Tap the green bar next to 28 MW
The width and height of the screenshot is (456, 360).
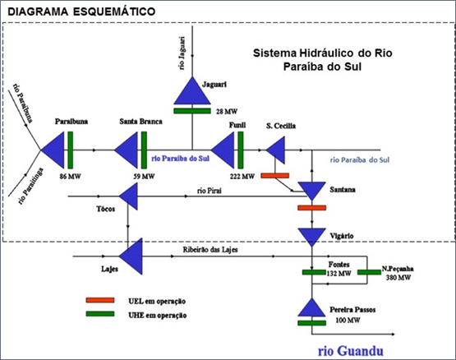point(192,111)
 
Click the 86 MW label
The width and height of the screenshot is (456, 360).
point(70,176)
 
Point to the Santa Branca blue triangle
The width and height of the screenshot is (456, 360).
point(128,150)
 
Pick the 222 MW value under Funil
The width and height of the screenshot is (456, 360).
point(242,176)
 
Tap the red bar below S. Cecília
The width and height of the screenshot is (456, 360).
point(275,176)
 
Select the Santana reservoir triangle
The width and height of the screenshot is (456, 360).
point(311,190)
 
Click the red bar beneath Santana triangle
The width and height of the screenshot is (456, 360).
point(311,208)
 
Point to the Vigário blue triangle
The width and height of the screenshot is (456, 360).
point(311,236)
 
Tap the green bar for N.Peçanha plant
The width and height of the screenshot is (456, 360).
point(369,272)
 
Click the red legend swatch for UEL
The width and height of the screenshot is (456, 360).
point(100,300)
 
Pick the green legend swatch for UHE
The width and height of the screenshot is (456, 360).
point(100,314)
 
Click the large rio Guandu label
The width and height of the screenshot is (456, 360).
point(351,351)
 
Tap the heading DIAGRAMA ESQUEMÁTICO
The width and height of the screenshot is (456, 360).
point(81,12)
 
